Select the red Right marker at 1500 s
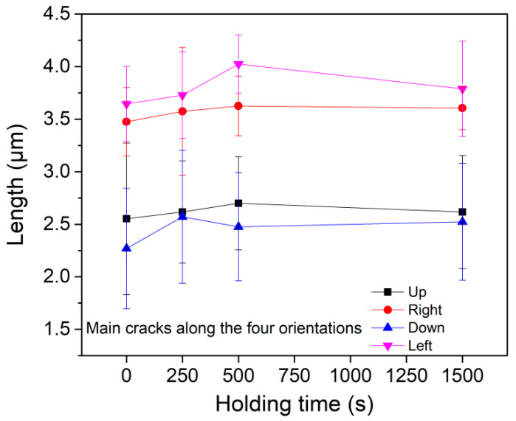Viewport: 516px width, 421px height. tap(462, 108)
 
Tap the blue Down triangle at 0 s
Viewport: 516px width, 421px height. tap(127, 248)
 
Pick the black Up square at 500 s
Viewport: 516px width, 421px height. tap(238, 203)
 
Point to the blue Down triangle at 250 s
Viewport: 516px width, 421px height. tap(182, 216)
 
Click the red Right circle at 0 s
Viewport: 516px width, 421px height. tap(127, 122)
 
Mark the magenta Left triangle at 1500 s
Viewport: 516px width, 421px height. tap(462, 89)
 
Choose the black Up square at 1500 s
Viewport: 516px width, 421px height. tap(462, 212)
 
